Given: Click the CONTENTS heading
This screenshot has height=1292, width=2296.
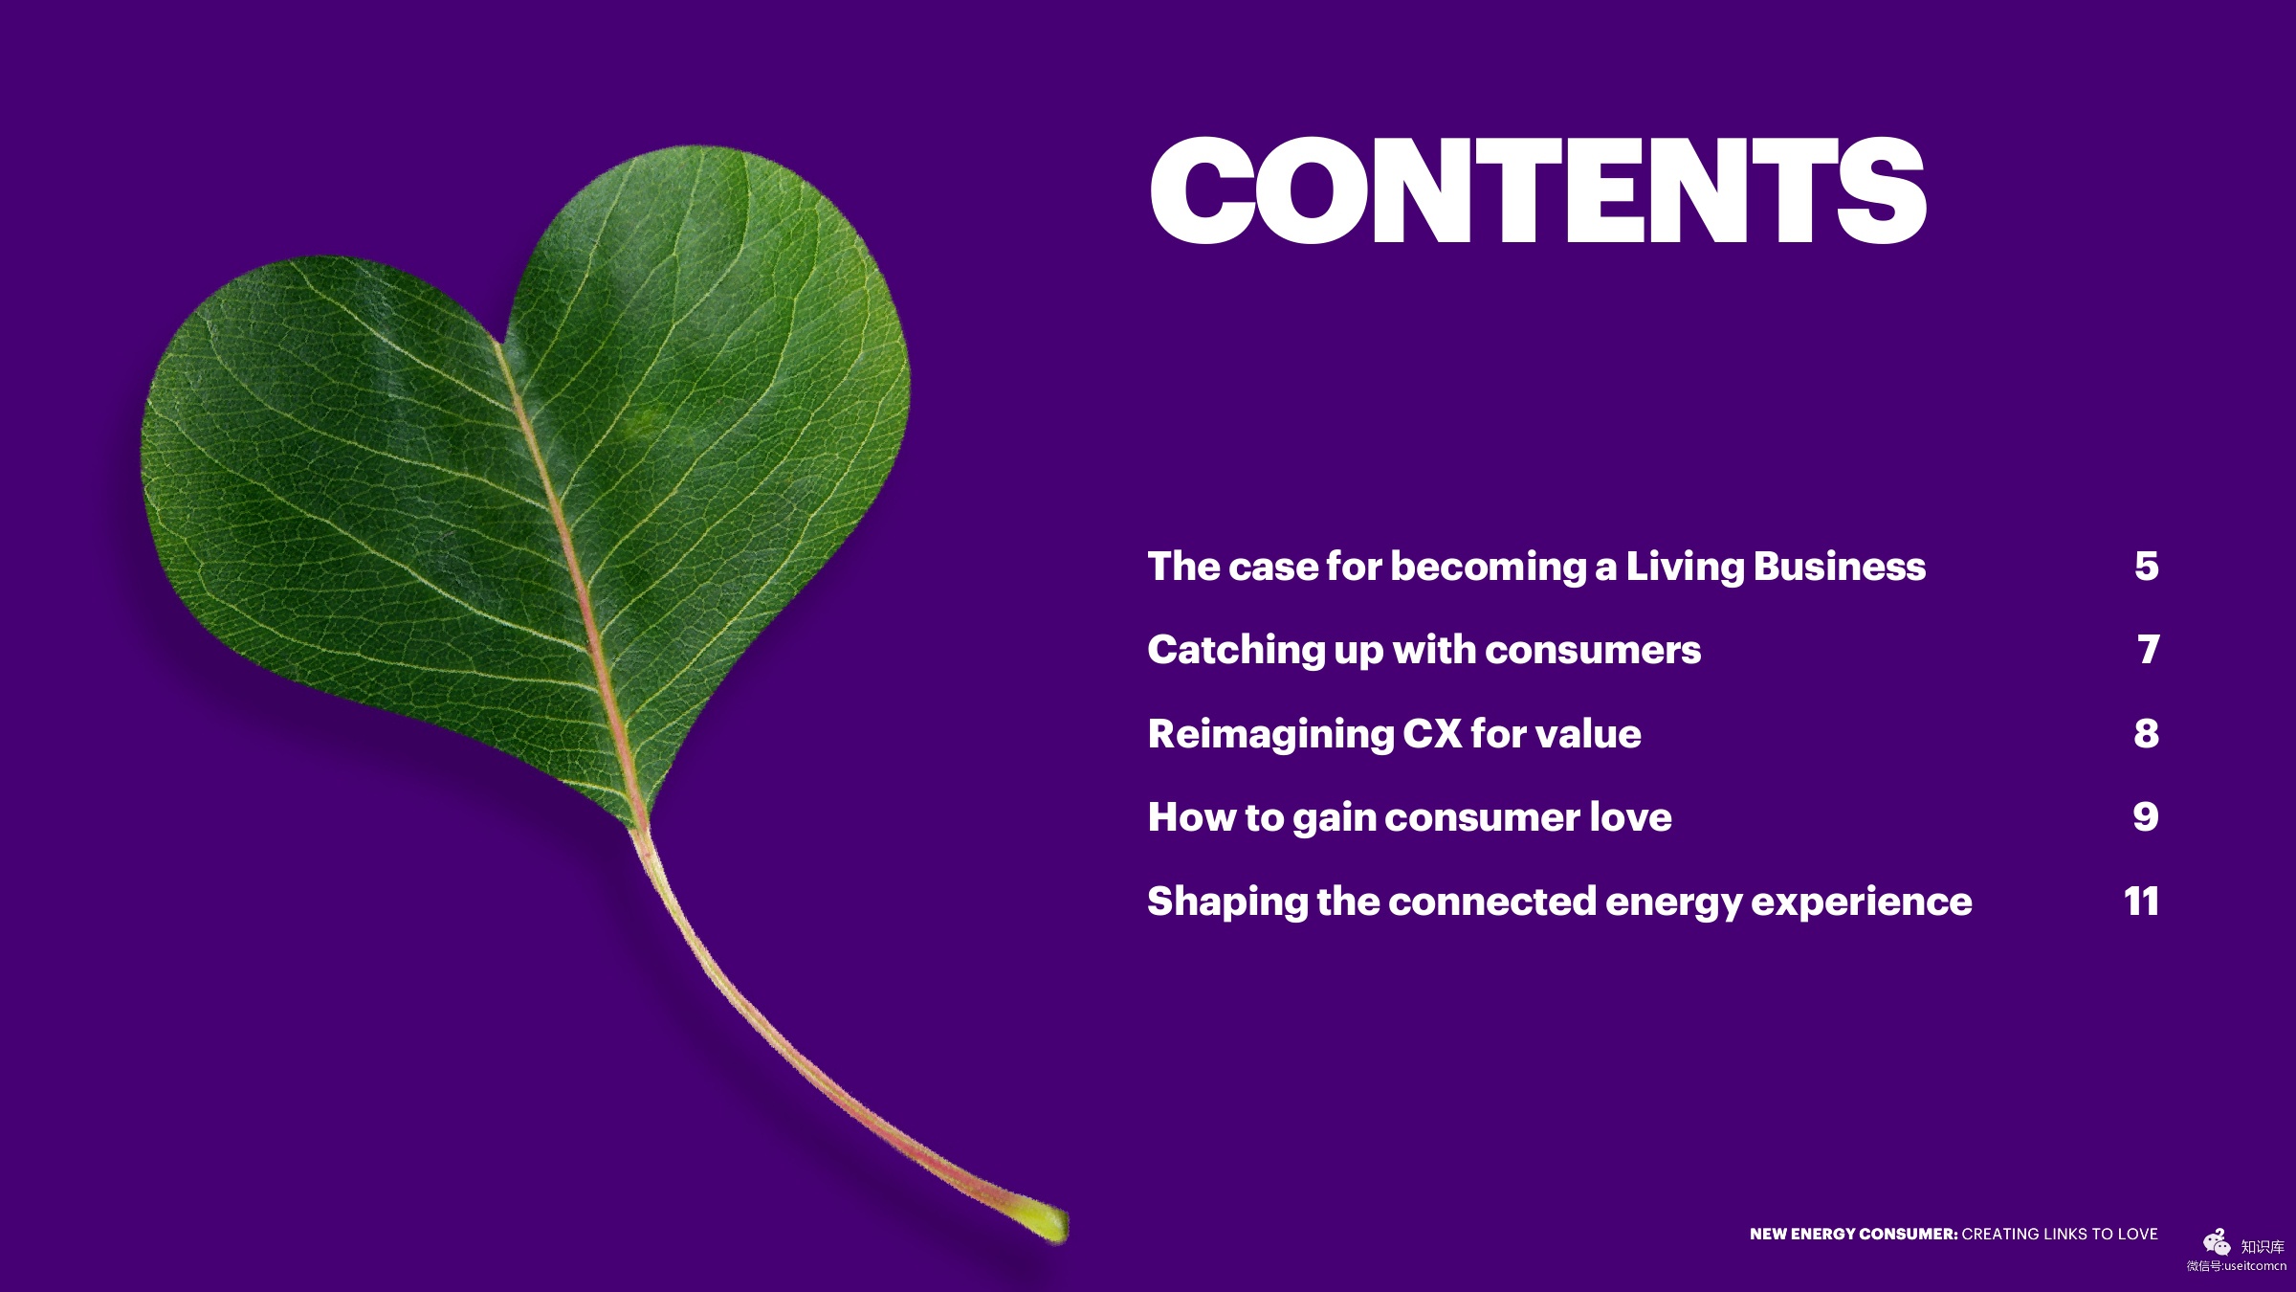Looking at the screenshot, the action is pyautogui.click(x=1537, y=189).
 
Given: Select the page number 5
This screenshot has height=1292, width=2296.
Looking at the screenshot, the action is pyautogui.click(x=2147, y=567).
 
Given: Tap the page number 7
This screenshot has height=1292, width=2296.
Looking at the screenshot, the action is pyautogui.click(x=2149, y=650).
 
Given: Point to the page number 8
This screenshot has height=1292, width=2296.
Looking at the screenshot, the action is pyautogui.click(x=2147, y=733).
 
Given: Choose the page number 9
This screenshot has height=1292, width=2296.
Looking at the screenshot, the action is pyautogui.click(x=2146, y=816).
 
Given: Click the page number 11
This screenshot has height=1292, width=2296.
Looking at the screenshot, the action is pyautogui.click(x=2141, y=901).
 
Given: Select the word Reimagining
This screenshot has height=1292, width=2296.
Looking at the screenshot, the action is pyautogui.click(x=1270, y=735).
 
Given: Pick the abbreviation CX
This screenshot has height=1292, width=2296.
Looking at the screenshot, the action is pyautogui.click(x=1432, y=734).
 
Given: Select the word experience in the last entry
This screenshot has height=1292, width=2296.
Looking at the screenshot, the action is pyautogui.click(x=1862, y=902).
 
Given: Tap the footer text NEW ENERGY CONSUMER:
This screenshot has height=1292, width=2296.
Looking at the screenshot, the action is pyautogui.click(x=1854, y=1234).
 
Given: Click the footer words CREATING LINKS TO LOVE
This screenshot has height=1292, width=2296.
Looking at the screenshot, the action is pyautogui.click(x=2060, y=1234).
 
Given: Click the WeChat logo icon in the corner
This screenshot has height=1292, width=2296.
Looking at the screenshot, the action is pyautogui.click(x=2217, y=1242).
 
